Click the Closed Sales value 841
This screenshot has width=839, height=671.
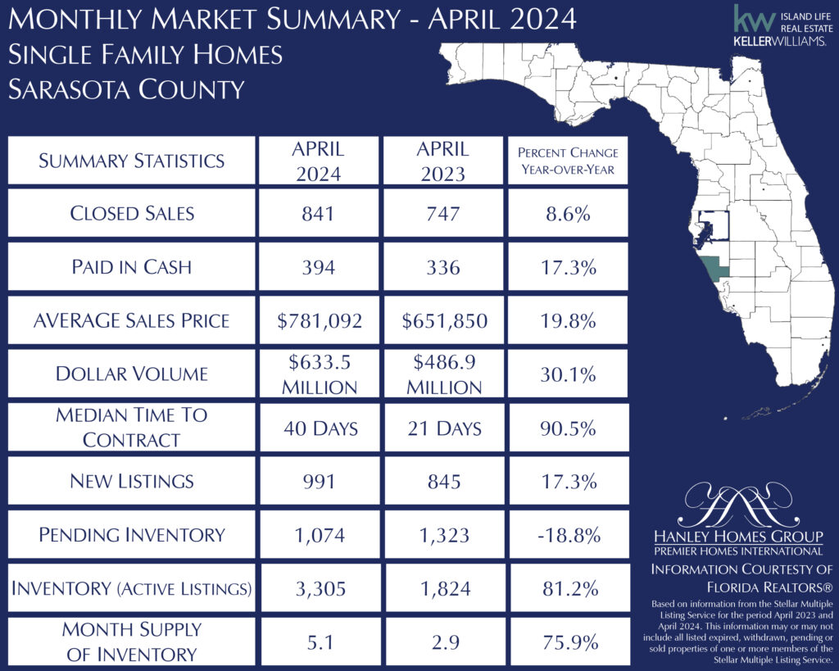coord(319,213)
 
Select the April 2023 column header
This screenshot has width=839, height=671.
coord(442,161)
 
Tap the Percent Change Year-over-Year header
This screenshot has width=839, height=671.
coord(568,161)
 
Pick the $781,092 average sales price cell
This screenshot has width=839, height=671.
coord(319,320)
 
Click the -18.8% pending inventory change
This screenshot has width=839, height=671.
coord(568,535)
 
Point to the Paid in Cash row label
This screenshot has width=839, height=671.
coord(132,266)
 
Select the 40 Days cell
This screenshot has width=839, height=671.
coord(319,427)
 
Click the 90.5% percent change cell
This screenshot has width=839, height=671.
coord(568,427)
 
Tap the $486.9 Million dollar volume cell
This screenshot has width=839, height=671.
coord(442,374)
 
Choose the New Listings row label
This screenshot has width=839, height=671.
coord(132,481)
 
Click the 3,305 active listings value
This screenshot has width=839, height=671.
coord(319,588)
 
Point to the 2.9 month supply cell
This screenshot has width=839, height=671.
coord(442,642)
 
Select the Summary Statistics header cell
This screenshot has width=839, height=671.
coord(132,161)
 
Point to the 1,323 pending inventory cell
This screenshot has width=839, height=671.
coord(442,535)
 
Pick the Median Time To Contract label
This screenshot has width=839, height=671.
coord(132,427)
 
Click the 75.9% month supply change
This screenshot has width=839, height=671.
coord(568,642)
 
